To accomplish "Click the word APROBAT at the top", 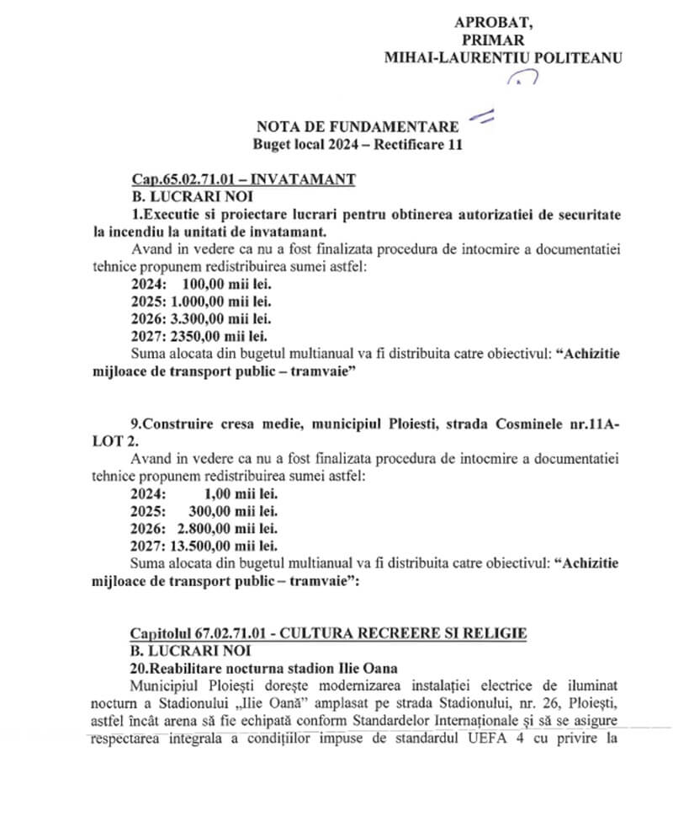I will click(x=493, y=22).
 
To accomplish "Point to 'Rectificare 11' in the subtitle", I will click(x=421, y=144).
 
